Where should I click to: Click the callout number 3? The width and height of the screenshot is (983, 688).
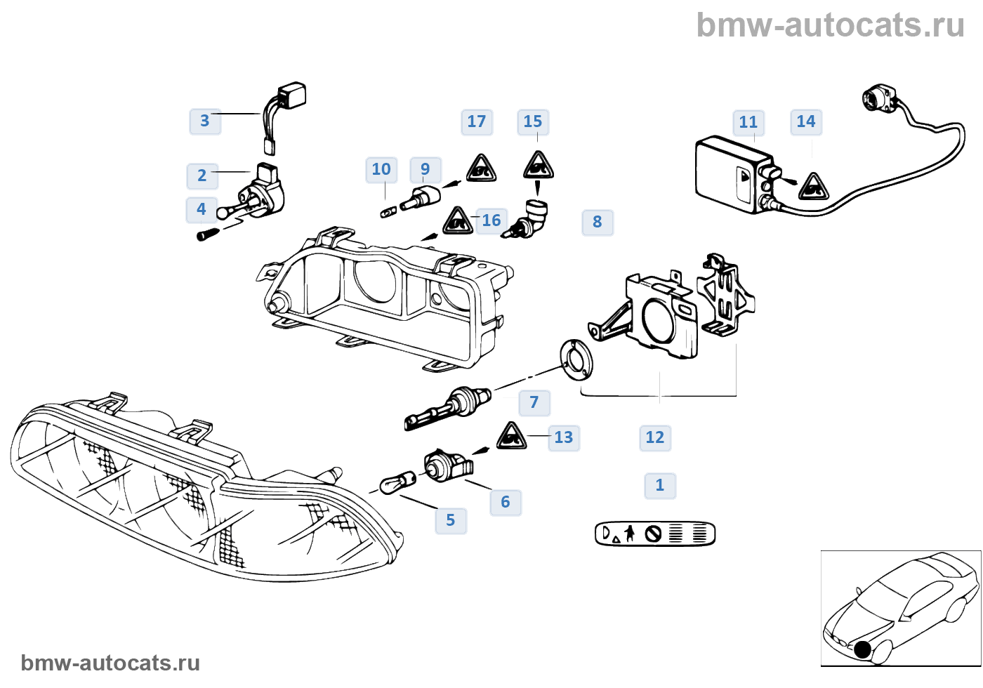(205, 121)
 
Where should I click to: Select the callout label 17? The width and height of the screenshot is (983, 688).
(477, 121)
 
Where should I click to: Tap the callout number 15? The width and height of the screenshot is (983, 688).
(533, 121)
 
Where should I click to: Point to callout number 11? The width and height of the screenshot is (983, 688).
(748, 122)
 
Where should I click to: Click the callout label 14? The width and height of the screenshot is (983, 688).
(806, 121)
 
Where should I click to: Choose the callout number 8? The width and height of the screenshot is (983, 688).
(598, 222)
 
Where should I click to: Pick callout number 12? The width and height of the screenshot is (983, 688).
(655, 437)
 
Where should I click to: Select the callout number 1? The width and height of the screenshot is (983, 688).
(660, 485)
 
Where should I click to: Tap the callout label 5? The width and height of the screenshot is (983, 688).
(451, 520)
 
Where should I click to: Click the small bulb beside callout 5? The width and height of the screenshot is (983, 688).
(397, 484)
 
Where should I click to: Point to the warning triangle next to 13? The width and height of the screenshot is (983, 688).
(511, 437)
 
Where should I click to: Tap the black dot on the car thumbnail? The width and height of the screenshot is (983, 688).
(863, 650)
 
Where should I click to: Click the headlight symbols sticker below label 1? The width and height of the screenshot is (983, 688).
(654, 534)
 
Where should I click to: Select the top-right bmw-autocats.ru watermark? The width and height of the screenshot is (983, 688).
(830, 25)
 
